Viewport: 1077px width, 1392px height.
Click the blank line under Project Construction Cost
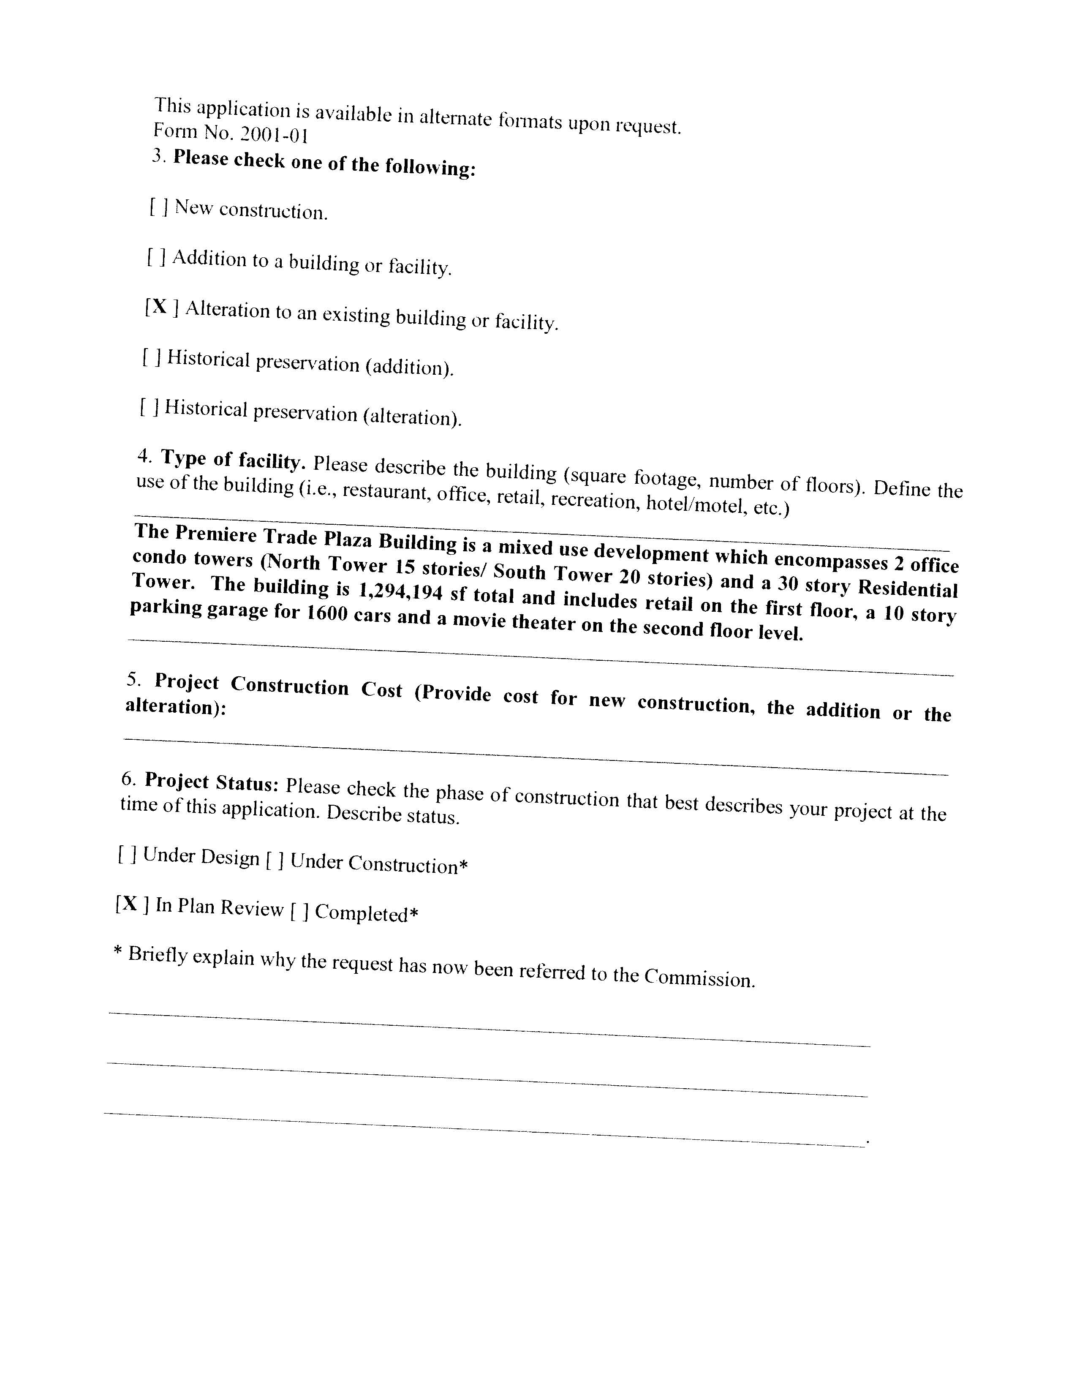click(535, 756)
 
